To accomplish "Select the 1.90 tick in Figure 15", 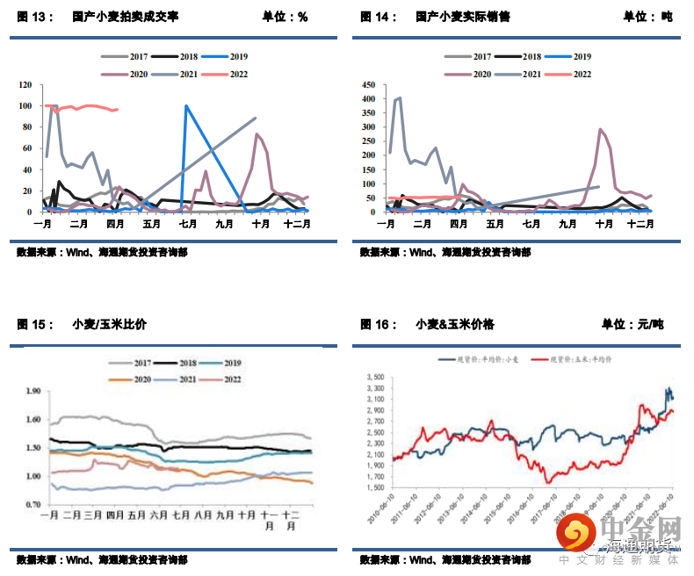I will [x=33, y=391].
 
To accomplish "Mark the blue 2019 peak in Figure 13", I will [x=186, y=106].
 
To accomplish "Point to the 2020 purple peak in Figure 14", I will [x=601, y=130].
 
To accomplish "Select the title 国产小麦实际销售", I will [x=463, y=17].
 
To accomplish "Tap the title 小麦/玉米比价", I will [x=110, y=324].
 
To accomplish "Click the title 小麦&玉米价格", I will [x=455, y=324].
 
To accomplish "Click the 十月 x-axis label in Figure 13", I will [x=261, y=224].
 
